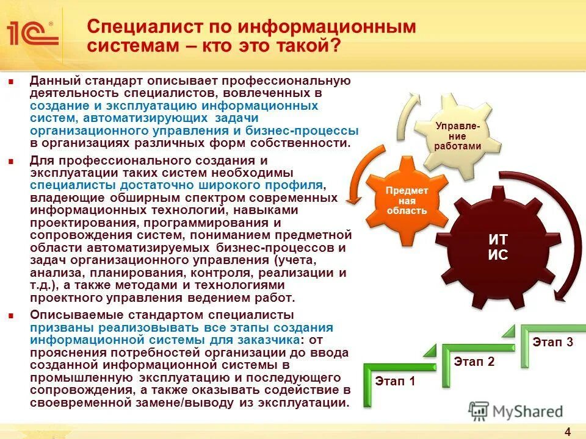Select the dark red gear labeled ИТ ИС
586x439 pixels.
[x=497, y=247]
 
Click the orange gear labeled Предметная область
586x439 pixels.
[x=407, y=200]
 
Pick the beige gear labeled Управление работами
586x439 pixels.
[x=458, y=136]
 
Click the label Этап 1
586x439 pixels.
[x=394, y=382]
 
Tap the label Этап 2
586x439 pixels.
[x=474, y=362]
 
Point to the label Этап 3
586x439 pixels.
[x=552, y=342]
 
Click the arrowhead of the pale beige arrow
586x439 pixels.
[x=416, y=98]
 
